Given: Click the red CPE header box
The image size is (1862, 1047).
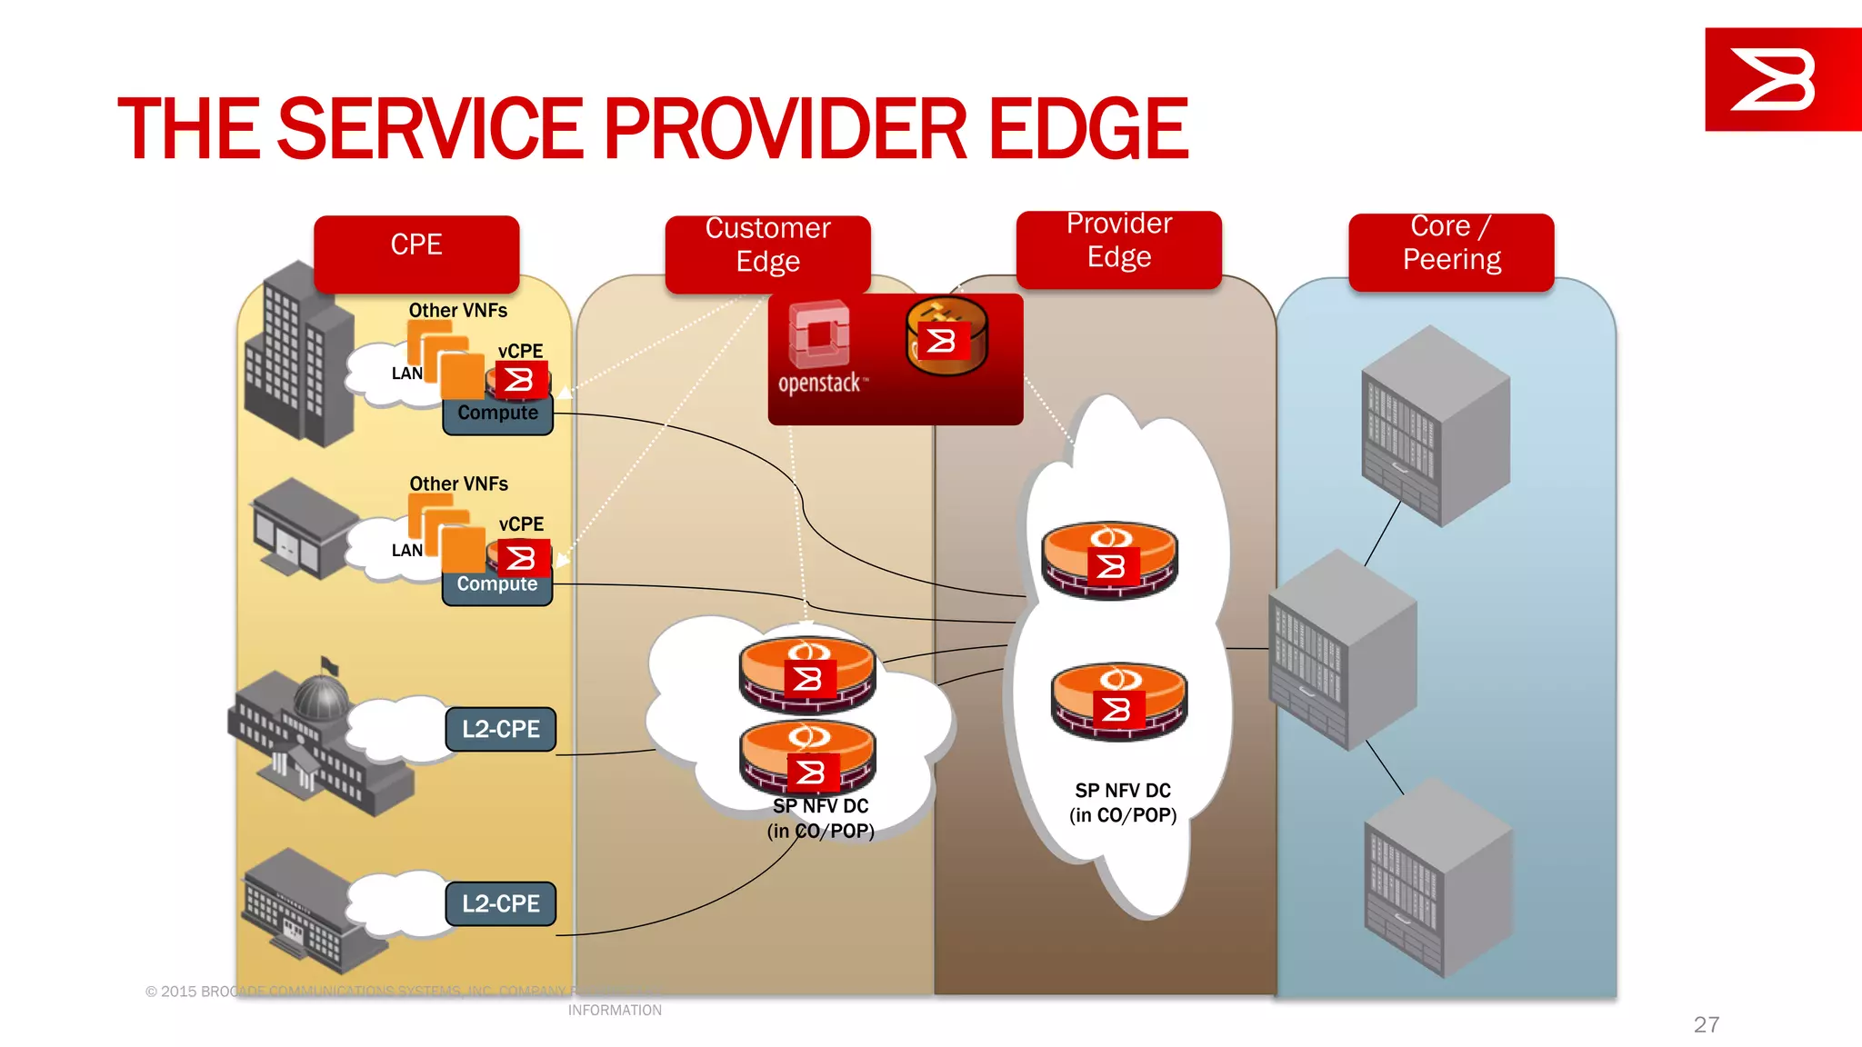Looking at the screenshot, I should [416, 253].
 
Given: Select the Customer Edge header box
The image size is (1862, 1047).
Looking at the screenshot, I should [767, 253].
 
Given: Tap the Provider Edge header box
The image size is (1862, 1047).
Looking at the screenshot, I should [1118, 248].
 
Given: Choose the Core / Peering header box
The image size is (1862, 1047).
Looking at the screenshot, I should [1451, 251].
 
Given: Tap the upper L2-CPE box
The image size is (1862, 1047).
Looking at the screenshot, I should [500, 729].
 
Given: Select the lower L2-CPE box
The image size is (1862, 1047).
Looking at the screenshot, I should [500, 903].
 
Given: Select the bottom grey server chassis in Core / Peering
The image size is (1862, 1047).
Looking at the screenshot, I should [1438, 877].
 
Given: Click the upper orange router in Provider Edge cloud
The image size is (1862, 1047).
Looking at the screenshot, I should [1109, 559].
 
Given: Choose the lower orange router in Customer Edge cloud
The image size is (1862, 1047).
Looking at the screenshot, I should [807, 758].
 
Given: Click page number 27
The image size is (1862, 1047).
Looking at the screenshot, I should [1706, 1024].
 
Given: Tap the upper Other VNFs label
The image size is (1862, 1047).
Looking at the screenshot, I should [458, 311].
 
